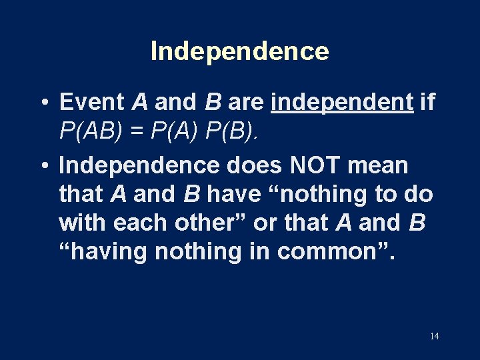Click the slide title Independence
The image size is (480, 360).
click(239, 51)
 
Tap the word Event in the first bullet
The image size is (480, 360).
click(92, 102)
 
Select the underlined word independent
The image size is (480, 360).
click(343, 102)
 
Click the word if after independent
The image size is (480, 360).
click(428, 102)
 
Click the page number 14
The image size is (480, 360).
click(434, 336)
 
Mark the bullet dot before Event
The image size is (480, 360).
click(42, 103)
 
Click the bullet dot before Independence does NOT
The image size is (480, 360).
click(42, 165)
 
